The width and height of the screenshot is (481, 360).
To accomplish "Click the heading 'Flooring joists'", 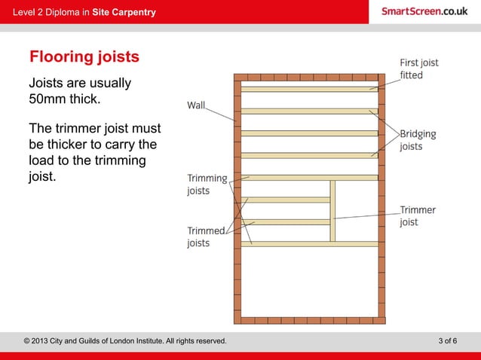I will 84,57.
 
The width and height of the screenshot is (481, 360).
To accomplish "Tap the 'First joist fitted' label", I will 418,69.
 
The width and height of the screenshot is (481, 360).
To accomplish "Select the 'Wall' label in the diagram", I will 196,105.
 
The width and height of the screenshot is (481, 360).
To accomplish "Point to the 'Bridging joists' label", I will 417,140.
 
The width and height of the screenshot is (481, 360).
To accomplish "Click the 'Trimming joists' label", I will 207,185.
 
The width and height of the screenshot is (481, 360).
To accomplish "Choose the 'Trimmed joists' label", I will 206,237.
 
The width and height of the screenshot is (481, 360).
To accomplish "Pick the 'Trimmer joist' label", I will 417,216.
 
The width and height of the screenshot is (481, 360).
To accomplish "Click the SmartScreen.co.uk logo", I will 424,11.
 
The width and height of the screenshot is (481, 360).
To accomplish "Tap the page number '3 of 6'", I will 447,341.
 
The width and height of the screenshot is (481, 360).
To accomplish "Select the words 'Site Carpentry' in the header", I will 124,12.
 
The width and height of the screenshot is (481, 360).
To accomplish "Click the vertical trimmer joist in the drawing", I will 332,211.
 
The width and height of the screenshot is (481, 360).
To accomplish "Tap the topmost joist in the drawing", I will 309,89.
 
